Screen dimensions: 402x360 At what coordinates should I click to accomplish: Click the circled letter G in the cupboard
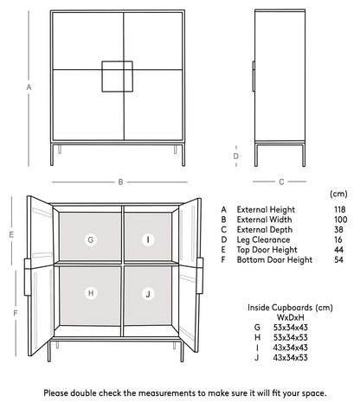91,239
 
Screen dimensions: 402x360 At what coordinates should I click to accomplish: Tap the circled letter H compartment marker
91,293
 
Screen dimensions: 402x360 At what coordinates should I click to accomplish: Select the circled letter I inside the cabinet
148,239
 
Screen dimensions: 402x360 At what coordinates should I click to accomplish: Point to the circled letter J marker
148,294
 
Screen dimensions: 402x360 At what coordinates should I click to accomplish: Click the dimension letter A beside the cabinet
29,87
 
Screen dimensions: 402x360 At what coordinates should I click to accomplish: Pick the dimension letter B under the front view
120,182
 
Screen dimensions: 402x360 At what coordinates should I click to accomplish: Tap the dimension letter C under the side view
280,182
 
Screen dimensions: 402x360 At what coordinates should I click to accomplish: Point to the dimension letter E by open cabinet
11,234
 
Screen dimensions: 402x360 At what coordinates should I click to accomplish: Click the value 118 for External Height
339,209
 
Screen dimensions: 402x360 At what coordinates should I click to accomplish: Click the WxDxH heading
288,317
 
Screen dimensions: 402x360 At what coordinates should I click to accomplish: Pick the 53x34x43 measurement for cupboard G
290,328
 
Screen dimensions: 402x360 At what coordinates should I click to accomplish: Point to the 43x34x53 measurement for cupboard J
290,357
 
